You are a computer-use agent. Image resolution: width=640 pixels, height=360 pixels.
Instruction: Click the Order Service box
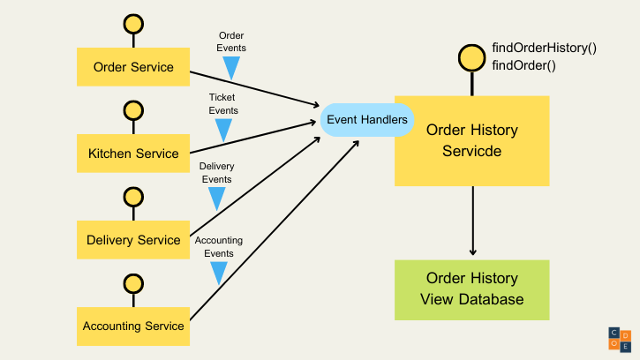[x=133, y=67]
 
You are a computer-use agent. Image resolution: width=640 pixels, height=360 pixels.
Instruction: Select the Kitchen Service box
[x=133, y=153]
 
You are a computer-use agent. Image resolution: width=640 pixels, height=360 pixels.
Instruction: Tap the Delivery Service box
[x=133, y=239]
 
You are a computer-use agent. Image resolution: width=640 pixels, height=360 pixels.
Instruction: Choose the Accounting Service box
[x=133, y=326]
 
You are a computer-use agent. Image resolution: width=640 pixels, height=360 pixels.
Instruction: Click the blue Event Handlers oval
[x=366, y=119]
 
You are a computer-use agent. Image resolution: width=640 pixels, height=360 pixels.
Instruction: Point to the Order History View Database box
[x=471, y=289]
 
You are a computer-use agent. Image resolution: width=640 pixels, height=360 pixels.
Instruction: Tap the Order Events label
[x=232, y=41]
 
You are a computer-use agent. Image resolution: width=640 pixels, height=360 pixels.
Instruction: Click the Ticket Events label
[x=223, y=103]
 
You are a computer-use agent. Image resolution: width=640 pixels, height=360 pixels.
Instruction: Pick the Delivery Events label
[x=216, y=172]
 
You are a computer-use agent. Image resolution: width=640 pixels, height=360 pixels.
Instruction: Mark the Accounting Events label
[x=218, y=246]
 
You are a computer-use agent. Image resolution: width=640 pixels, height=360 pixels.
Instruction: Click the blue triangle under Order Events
[x=231, y=68]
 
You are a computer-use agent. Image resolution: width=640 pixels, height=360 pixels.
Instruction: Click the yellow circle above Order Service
[x=133, y=24]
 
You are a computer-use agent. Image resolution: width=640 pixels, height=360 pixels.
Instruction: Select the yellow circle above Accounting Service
[x=133, y=283]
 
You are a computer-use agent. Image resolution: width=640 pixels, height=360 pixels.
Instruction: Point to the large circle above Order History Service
[x=471, y=58]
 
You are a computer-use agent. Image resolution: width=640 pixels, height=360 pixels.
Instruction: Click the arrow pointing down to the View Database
[x=473, y=221]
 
